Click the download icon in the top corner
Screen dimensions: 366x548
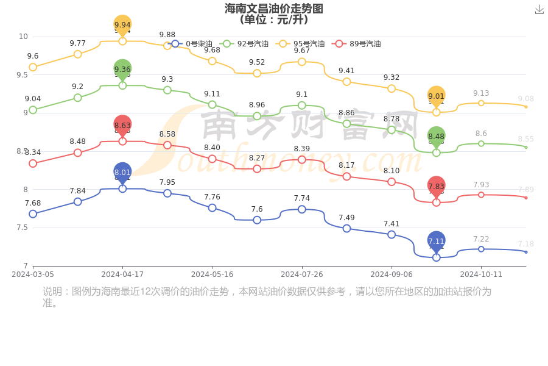(x=539, y=9)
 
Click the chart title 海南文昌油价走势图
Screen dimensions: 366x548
(x=273, y=9)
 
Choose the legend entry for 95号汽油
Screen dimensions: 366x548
(x=301, y=44)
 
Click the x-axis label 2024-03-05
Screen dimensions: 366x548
(x=33, y=274)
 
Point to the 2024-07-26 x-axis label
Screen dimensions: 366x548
(x=301, y=274)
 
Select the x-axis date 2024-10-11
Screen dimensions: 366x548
(x=481, y=274)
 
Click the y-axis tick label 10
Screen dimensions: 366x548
(x=23, y=37)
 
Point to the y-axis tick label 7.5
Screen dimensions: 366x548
(x=22, y=228)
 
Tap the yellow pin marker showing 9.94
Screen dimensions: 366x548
(x=122, y=26)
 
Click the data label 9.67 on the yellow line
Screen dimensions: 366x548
(x=302, y=50)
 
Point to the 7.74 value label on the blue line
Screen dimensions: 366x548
(x=302, y=198)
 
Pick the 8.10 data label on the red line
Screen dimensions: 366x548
(x=392, y=171)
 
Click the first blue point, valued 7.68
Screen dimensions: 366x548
(x=33, y=213)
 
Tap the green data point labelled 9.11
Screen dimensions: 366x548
(x=212, y=105)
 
